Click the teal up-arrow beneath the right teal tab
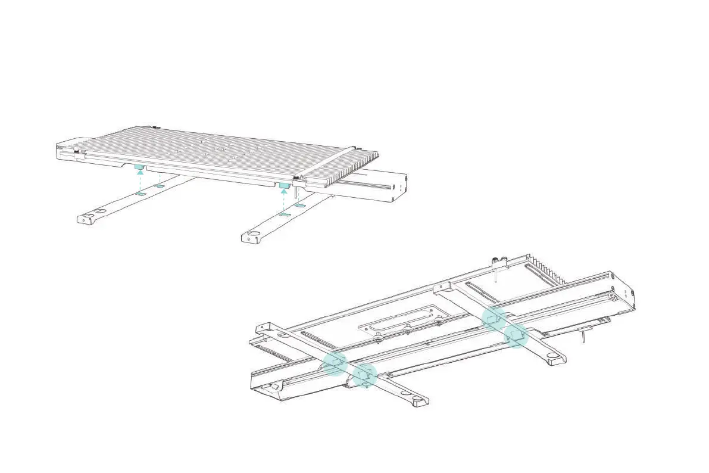[x=285, y=195]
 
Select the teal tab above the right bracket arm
[x=284, y=186]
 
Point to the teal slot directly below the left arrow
[x=140, y=194]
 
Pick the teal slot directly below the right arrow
[x=285, y=213]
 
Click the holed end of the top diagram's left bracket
[x=87, y=218]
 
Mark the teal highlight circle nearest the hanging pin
[x=516, y=336]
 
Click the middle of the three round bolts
[x=408, y=329]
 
